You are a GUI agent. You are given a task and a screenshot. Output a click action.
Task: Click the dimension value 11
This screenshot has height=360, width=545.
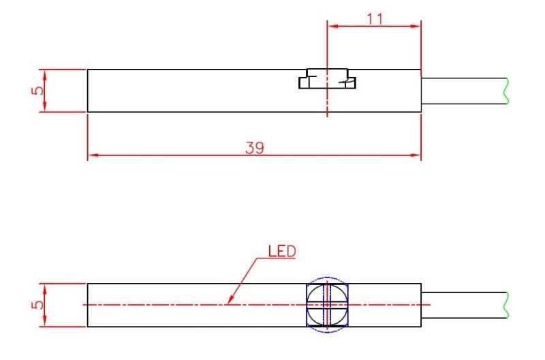point(375,18)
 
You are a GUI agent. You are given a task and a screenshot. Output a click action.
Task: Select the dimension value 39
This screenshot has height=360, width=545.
point(255,147)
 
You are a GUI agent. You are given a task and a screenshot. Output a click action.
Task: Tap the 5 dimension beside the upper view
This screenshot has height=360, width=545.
point(39,90)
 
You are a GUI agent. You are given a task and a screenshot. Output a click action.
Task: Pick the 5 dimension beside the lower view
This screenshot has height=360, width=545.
point(39,304)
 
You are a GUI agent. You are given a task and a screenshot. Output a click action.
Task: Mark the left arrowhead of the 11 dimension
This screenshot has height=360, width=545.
point(332,27)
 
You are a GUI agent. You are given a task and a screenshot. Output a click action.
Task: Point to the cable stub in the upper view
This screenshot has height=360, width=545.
point(463,91)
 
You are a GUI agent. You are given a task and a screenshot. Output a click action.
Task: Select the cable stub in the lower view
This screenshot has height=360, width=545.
point(463,305)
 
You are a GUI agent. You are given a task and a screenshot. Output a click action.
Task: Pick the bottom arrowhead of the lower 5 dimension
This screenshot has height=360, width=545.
point(44,322)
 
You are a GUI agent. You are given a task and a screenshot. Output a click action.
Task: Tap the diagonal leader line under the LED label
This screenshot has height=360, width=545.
point(245,280)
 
